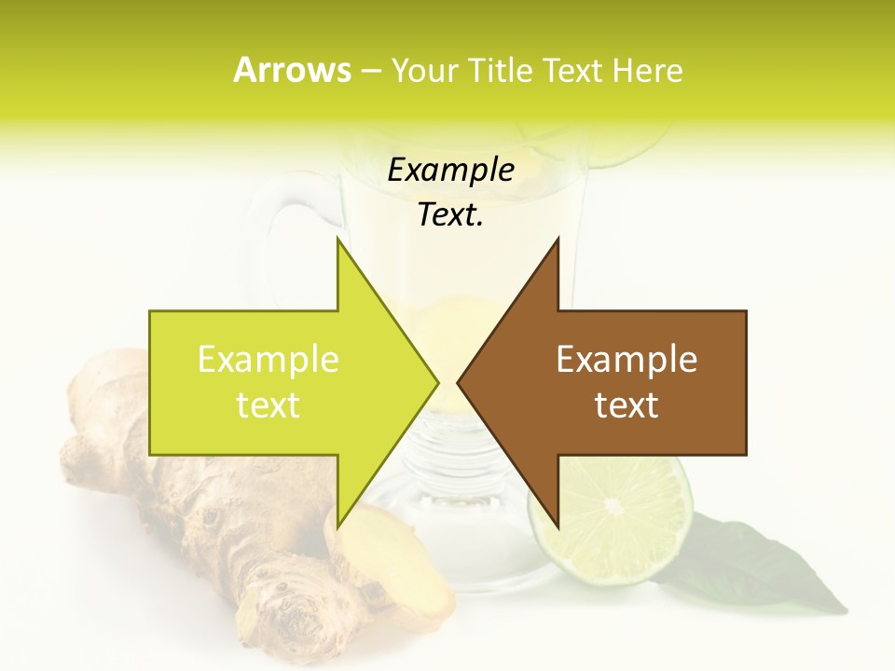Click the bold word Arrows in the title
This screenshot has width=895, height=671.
[x=292, y=70]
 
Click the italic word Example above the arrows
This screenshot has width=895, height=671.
[x=451, y=171]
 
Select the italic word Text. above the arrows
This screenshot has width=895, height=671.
[x=451, y=215]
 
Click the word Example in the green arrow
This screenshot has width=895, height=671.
[x=268, y=360]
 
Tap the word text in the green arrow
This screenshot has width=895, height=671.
[x=268, y=405]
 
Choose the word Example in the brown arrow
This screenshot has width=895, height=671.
[x=626, y=360]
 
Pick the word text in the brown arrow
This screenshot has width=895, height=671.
[x=626, y=405]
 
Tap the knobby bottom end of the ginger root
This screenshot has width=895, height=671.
[x=284, y=610]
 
